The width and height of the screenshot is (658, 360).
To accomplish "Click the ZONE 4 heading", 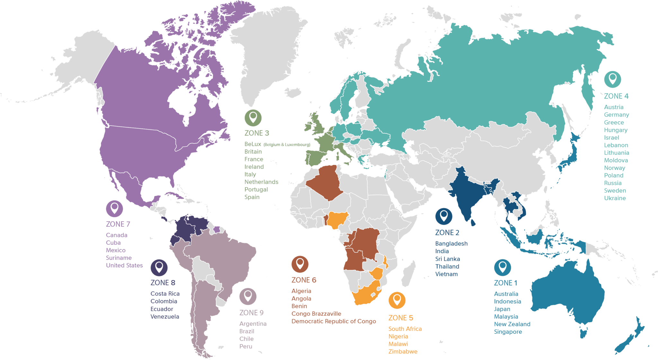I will [616, 96].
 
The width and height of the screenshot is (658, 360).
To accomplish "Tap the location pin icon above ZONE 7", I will [114, 208].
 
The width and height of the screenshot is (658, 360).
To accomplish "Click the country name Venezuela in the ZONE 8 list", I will [164, 317].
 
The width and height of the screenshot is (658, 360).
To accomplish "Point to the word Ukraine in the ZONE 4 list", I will [615, 198].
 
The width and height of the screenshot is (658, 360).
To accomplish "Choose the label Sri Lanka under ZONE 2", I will [447, 259].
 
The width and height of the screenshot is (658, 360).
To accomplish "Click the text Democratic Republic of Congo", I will [333, 321].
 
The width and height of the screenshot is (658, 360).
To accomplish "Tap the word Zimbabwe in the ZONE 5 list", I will [403, 352].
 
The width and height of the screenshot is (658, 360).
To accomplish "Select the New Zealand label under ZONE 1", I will [512, 324].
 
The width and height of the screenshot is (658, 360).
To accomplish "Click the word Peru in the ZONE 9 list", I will [245, 347].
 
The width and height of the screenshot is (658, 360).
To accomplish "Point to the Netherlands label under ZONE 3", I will [261, 182].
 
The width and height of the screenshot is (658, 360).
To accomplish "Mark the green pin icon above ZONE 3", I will [253, 118].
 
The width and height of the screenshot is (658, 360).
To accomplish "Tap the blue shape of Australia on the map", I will [569, 295].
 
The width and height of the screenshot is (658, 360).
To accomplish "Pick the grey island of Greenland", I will [267, 55].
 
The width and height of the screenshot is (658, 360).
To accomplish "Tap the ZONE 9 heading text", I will [251, 313].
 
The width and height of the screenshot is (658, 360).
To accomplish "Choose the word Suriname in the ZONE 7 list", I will [119, 258].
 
